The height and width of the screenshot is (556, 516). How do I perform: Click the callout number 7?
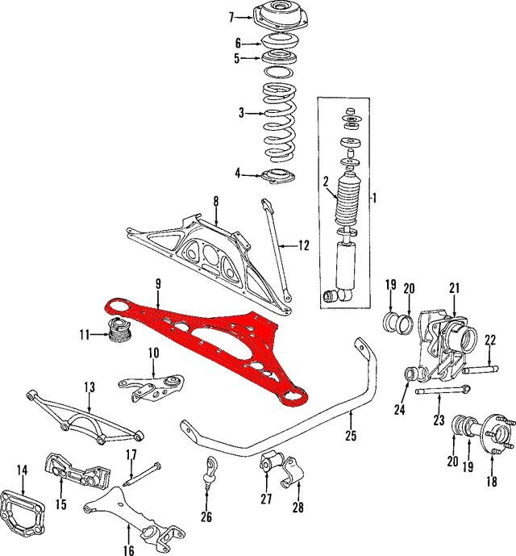pyautogui.click(x=231, y=17)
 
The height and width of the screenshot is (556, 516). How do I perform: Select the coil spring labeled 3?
pyautogui.click(x=280, y=123)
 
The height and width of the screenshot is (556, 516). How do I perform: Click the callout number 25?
pyautogui.click(x=351, y=436)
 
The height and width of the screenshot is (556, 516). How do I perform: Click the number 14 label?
pyautogui.click(x=22, y=470)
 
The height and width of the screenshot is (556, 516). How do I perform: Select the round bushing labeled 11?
pyautogui.click(x=120, y=331)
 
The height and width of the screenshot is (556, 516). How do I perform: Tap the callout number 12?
pyautogui.click(x=304, y=245)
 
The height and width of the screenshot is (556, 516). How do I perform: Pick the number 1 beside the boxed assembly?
pyautogui.click(x=374, y=198)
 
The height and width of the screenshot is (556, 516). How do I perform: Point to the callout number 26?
pyautogui.click(x=206, y=516)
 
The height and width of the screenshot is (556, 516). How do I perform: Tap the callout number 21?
pyautogui.click(x=455, y=288)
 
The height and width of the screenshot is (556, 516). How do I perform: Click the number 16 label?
pyautogui.click(x=129, y=550)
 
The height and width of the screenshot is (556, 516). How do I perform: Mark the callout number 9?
pyautogui.click(x=158, y=284)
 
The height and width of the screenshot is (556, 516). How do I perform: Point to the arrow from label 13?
pyautogui.click(x=89, y=403)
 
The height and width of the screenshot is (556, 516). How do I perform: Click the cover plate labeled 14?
pyautogui.click(x=23, y=513)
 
